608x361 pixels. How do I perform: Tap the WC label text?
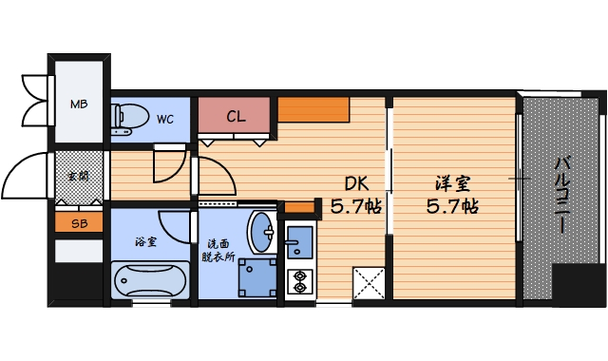tap(165, 120)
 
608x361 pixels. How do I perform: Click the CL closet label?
tap(237, 117)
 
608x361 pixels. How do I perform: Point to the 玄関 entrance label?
tap(78, 176)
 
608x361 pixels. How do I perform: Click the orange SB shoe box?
tap(78, 224)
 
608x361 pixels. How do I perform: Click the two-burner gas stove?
tap(299, 280)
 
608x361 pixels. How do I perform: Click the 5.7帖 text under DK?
tap(356, 205)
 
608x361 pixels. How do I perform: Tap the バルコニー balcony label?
tap(562, 195)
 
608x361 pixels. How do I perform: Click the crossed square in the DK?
tap(369, 283)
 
